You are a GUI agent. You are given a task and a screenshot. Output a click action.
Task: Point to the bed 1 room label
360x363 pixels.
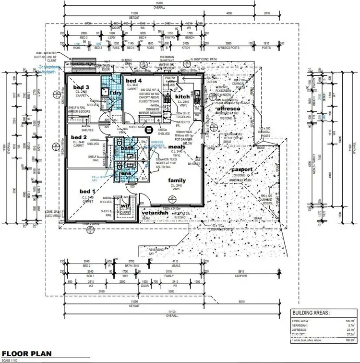coord(86,191)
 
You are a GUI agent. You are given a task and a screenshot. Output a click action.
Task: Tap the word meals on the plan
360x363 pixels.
coord(176,146)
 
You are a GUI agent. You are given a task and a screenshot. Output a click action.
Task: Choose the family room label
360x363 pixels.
coord(177,181)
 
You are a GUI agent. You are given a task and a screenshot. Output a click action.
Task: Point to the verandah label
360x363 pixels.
coord(154,212)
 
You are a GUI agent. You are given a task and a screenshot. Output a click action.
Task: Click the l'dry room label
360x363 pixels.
coord(115,92)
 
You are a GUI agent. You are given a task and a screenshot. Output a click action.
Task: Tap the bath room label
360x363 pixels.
coord(127,148)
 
